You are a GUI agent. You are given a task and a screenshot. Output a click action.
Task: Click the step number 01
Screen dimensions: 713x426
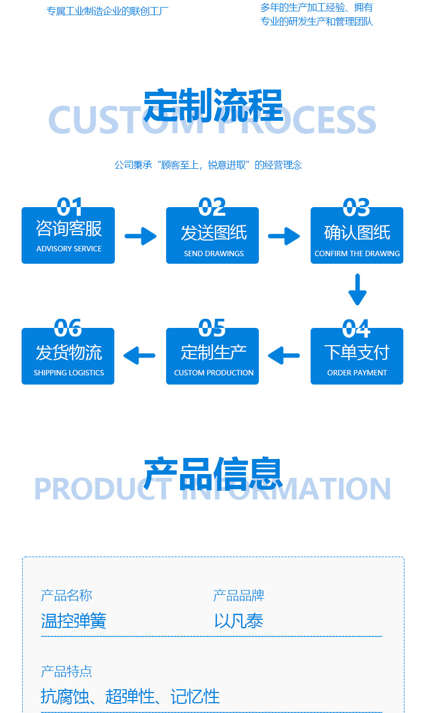click(70, 207)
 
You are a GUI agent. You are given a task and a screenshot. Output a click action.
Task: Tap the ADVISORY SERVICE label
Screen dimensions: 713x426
click(69, 249)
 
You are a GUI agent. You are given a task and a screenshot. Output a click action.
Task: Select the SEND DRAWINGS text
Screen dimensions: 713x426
click(214, 253)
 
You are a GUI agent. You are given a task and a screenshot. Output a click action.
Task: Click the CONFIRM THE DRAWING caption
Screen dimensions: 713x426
click(357, 253)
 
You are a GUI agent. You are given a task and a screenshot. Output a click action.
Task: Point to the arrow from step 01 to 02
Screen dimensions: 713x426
click(141, 236)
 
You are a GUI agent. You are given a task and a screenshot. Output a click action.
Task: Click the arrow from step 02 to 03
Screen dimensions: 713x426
click(284, 236)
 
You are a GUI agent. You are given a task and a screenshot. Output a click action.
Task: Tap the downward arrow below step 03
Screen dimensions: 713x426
click(357, 290)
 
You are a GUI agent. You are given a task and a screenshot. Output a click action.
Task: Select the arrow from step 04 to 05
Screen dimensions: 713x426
click(284, 356)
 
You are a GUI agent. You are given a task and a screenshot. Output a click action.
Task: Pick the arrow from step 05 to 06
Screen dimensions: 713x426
click(140, 356)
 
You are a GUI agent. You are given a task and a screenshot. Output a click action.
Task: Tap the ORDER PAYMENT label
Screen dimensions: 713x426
click(357, 373)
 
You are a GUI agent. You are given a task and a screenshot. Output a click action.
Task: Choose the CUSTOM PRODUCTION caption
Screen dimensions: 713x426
click(214, 373)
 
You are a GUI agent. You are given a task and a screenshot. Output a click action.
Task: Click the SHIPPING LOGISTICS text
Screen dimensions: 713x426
click(69, 373)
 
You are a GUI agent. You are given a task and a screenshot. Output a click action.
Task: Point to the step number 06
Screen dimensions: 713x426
click(68, 328)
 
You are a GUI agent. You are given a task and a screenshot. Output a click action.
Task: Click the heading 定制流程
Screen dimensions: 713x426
click(213, 105)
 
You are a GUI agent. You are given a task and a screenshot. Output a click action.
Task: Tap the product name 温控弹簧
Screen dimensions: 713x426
click(74, 621)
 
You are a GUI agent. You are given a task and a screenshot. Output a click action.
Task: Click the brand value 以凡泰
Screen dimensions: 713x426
click(238, 621)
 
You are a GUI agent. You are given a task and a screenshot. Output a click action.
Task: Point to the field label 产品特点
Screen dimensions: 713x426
click(66, 671)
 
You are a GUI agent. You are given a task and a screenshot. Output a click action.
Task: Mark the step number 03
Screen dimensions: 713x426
click(356, 207)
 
